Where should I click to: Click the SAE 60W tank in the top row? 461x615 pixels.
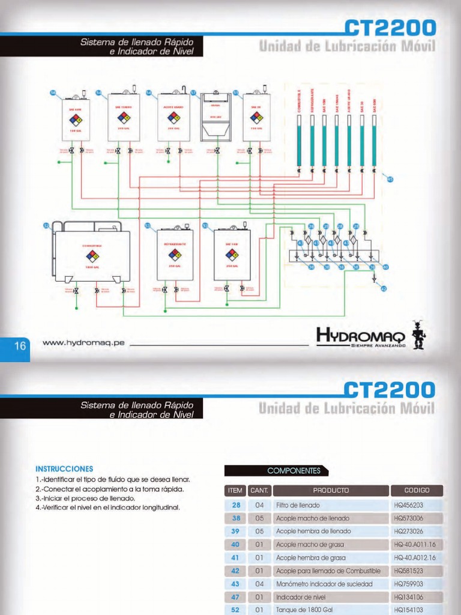coord(76,119)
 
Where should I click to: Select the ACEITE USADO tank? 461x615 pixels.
coord(173,118)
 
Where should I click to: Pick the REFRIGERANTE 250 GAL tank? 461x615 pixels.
coord(175,254)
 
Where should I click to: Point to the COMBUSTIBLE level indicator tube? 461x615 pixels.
coord(298,138)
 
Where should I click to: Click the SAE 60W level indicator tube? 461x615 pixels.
coord(375,138)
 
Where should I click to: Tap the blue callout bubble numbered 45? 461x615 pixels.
coord(390,179)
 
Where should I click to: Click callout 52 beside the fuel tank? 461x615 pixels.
coord(46,226)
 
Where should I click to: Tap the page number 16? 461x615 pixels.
coord(20,346)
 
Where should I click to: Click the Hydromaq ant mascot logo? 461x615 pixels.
coord(418,335)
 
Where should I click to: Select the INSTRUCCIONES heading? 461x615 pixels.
coord(65,468)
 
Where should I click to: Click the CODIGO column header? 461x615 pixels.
coord(417,490)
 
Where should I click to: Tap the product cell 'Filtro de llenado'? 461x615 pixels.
coord(298,505)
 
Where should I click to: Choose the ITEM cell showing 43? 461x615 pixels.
coord(235,584)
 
